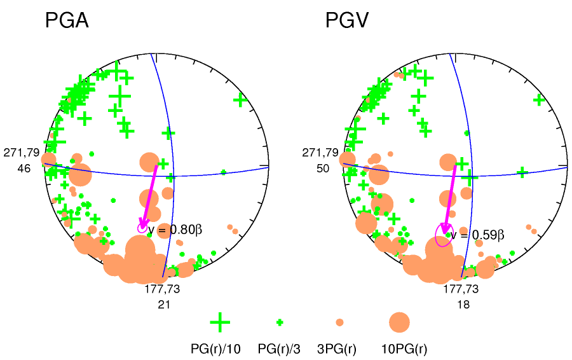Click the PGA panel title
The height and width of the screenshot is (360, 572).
[x=66, y=21]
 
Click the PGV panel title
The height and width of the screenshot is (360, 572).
[x=346, y=21]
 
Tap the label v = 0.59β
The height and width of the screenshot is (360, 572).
[x=477, y=235]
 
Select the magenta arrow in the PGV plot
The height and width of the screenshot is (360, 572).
[x=450, y=198]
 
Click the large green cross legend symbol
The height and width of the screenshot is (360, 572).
[x=220, y=322]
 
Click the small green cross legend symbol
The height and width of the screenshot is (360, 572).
[x=280, y=322]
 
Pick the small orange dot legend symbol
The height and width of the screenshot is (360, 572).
[x=339, y=322]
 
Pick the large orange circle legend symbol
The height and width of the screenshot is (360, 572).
[x=399, y=322]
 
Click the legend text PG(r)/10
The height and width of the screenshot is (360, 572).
[x=217, y=349]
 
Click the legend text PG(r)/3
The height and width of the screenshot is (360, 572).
[x=279, y=349]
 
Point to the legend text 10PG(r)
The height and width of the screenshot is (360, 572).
[x=404, y=349]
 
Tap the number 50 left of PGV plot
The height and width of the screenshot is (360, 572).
[x=323, y=169]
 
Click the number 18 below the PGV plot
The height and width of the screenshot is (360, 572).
[x=461, y=305]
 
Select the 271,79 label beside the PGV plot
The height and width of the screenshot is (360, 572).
[x=321, y=153]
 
